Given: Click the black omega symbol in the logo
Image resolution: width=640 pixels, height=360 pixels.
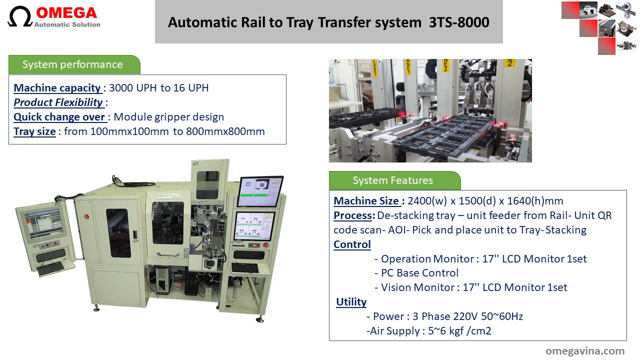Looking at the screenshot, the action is (x=19, y=16).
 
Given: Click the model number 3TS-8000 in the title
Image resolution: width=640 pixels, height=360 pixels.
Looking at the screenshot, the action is (x=459, y=22).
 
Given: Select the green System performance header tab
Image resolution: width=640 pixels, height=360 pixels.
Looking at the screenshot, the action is (x=74, y=64).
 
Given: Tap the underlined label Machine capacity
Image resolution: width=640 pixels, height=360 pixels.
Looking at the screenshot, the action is (x=57, y=88).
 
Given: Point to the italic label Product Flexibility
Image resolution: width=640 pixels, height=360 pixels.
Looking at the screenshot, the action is (x=58, y=102).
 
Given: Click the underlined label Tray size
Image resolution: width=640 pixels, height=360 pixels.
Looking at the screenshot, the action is (x=34, y=131).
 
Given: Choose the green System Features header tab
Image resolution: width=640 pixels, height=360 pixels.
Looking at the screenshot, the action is (x=394, y=180).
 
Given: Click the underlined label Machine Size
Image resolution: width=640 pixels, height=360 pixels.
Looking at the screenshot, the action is (x=366, y=201).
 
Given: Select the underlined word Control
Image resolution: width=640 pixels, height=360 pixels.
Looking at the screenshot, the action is (x=352, y=244).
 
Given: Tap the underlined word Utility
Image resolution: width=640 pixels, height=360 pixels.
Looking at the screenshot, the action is (x=351, y=301).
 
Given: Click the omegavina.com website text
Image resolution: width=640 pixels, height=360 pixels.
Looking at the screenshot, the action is (x=585, y=351).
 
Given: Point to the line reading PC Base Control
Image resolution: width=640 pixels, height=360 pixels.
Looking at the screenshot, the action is (x=416, y=273).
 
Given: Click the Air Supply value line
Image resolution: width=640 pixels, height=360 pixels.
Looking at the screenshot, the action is (x=429, y=331).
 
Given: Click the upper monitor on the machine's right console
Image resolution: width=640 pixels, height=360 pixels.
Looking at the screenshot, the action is (x=260, y=191).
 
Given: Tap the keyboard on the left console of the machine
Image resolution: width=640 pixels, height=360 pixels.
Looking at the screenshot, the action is (x=51, y=269).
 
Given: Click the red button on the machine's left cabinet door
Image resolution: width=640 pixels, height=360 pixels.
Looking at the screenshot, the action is (x=86, y=216).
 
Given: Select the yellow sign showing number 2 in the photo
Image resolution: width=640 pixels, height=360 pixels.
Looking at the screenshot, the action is (x=509, y=63).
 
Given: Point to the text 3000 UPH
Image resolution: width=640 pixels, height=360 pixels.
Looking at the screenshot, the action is (x=133, y=88).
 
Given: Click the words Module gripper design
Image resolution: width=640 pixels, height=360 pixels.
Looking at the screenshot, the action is (x=169, y=117).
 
